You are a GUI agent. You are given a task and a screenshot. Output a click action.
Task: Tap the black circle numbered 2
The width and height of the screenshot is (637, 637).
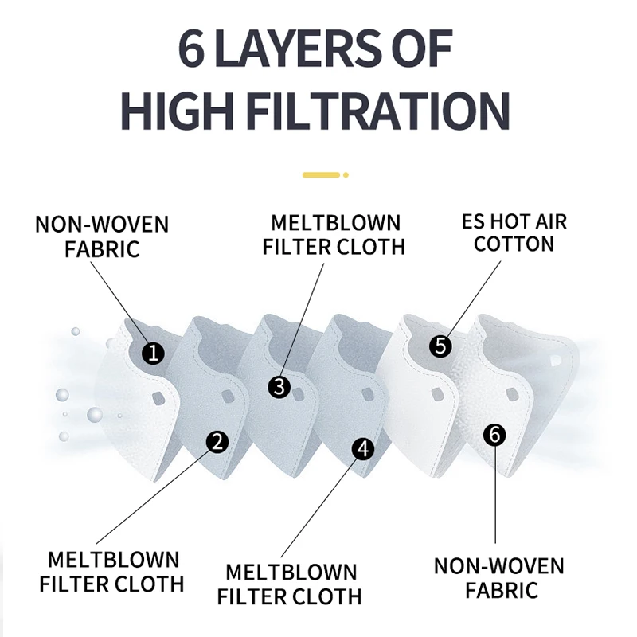pyautogui.click(x=218, y=441)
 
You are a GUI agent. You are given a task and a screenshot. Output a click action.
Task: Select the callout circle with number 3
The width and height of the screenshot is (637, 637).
pyautogui.click(x=279, y=387)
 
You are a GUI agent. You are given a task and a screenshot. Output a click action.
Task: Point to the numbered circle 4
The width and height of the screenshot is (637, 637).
pyautogui.click(x=364, y=448)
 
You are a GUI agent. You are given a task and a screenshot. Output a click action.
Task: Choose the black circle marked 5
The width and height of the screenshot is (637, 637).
pyautogui.click(x=440, y=346)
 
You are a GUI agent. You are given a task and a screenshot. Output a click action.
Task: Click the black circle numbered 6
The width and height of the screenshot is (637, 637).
pyautogui.click(x=494, y=435)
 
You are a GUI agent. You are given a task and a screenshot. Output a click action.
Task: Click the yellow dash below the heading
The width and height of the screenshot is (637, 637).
pyautogui.click(x=321, y=174)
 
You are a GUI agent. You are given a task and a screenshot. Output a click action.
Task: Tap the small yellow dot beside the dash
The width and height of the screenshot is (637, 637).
pyautogui.click(x=346, y=174)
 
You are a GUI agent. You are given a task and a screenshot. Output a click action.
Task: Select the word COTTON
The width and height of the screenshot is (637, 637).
pyautogui.click(x=514, y=244)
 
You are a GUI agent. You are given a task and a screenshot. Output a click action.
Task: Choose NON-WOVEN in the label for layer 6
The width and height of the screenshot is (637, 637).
pyautogui.click(x=499, y=566)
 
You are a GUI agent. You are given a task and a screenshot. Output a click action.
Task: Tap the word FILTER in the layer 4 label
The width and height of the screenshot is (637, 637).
pyautogui.click(x=255, y=596)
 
